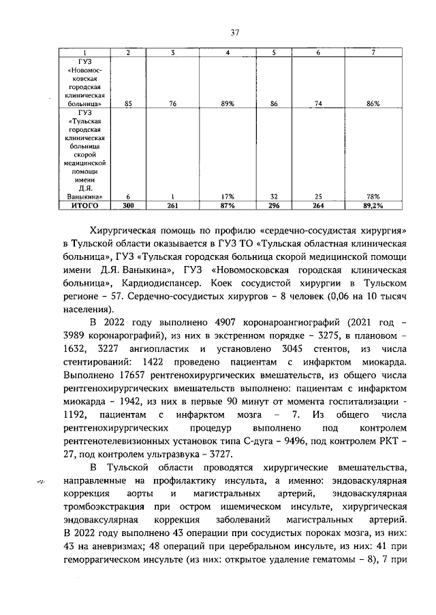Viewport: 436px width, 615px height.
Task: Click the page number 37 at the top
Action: click(x=234, y=32)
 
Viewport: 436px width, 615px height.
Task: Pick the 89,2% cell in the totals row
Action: click(x=372, y=204)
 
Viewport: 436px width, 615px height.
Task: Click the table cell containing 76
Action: click(x=173, y=103)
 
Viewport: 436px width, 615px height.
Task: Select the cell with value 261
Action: click(x=173, y=204)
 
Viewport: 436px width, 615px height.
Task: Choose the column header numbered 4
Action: click(x=228, y=53)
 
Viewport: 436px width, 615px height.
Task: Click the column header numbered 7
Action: click(x=372, y=53)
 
